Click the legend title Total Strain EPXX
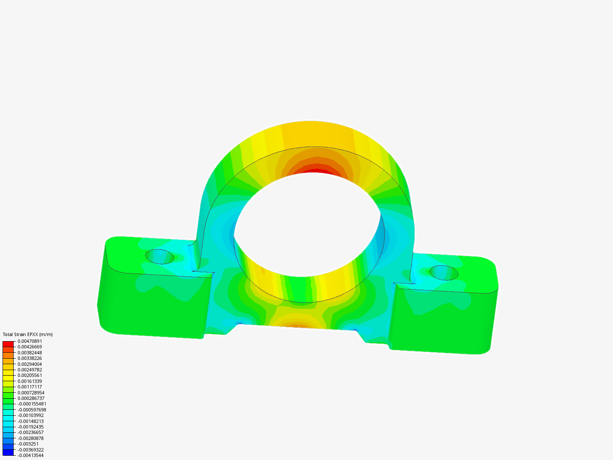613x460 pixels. click(28, 334)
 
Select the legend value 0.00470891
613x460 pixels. click(30, 341)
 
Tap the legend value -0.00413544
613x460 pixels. click(31, 455)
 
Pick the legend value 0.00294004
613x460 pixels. click(30, 364)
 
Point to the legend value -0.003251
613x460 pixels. click(28, 444)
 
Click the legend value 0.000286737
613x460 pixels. click(31, 398)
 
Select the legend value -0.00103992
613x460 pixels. click(31, 415)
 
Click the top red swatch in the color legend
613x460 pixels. click(8, 344)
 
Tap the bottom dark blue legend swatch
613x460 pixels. click(8, 452)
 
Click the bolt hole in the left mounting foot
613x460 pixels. click(160, 256)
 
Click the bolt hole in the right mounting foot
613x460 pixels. click(444, 273)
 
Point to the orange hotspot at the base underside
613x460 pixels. click(294, 326)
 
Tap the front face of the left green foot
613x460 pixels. click(153, 305)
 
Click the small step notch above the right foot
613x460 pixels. click(402, 282)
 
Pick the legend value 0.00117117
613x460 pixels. click(30, 387)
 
